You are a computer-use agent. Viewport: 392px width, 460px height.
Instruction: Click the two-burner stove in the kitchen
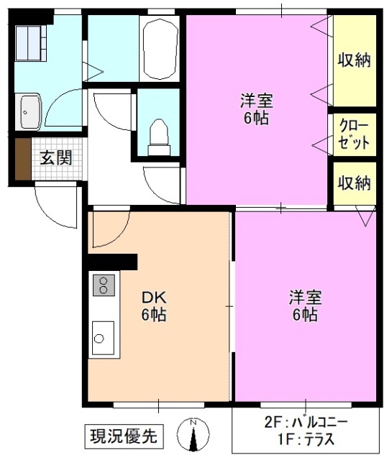click(x=104, y=285)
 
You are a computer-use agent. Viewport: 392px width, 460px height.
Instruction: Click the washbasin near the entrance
click(x=31, y=111)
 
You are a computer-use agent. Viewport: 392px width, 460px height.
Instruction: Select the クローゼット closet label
click(x=354, y=134)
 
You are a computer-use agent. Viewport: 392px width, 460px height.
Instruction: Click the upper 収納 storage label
click(x=354, y=60)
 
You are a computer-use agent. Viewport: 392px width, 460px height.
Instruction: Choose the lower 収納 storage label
click(x=354, y=183)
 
